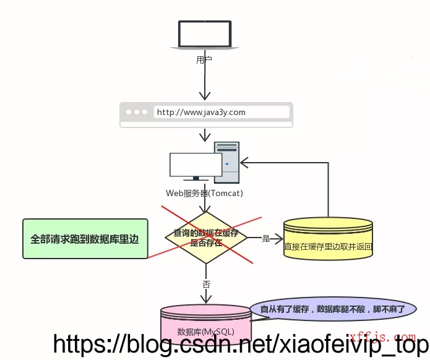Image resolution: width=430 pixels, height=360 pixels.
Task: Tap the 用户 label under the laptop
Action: [x=204, y=60]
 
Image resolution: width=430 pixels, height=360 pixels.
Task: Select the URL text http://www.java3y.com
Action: [x=201, y=112]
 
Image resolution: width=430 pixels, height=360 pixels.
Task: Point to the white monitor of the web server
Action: [x=196, y=166]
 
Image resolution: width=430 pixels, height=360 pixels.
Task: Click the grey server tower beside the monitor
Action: [x=226, y=162]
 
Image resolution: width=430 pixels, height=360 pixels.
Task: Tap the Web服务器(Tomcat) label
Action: [x=204, y=194]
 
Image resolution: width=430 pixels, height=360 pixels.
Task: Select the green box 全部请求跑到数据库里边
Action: [x=85, y=238]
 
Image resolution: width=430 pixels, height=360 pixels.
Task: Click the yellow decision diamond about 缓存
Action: [x=205, y=238]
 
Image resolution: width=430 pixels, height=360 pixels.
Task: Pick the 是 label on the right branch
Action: [x=266, y=238]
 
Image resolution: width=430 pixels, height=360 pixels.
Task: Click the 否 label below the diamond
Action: [x=206, y=285]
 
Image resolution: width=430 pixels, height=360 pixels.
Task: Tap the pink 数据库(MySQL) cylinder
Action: [x=205, y=328]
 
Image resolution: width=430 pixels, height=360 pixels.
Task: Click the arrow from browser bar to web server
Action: [x=205, y=135]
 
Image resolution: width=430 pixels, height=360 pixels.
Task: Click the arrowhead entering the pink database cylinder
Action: [x=205, y=300]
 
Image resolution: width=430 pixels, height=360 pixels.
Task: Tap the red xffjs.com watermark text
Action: [x=382, y=337]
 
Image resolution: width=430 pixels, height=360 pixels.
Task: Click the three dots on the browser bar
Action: [x=137, y=113]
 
